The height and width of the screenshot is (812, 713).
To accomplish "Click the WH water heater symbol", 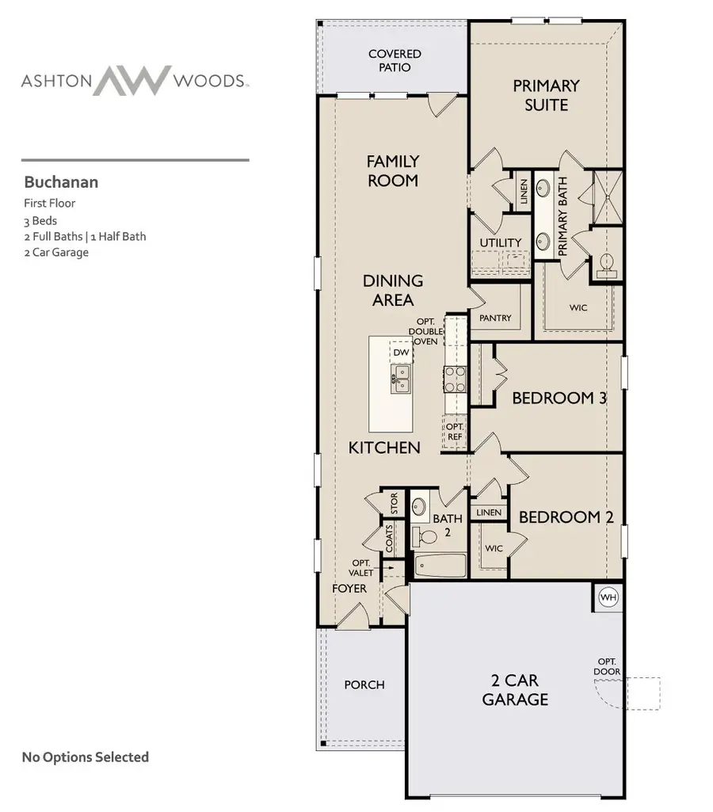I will [x=608, y=597].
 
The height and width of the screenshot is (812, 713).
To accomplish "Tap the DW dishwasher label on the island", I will [x=401, y=352].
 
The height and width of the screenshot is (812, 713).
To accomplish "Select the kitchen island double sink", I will [x=401, y=378].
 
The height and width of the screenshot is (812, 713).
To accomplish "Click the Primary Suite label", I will [x=546, y=94].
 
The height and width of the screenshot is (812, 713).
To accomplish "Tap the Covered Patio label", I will [x=395, y=60].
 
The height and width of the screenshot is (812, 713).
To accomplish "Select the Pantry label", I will [x=496, y=318].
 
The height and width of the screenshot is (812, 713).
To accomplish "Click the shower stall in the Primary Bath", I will [x=607, y=196].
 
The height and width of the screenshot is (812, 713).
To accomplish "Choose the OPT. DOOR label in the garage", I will [x=608, y=666].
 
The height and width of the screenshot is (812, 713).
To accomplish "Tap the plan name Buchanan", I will [x=61, y=182].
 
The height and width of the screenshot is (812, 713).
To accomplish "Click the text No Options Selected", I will [x=86, y=757].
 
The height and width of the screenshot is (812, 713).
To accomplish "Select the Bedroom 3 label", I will [x=559, y=398].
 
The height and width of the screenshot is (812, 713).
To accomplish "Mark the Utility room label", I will [x=501, y=242].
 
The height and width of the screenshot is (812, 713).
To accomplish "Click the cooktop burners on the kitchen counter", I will [x=455, y=379].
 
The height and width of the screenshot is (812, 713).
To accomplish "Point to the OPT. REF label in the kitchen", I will [x=455, y=431].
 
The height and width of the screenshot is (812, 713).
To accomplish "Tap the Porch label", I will [x=364, y=684].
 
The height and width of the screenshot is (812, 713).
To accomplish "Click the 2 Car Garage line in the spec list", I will [x=56, y=253].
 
